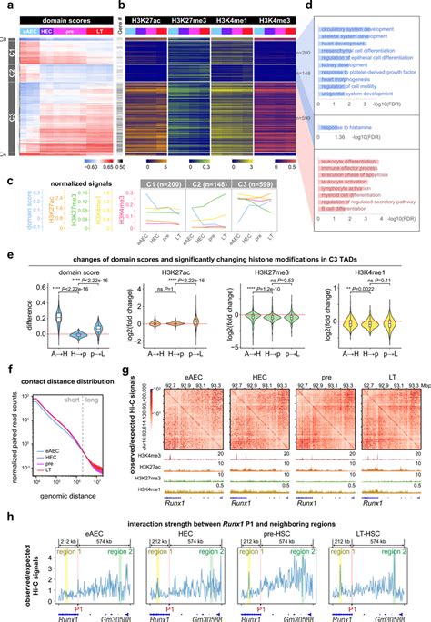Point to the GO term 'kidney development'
pyautogui.click(x=335, y=65)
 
